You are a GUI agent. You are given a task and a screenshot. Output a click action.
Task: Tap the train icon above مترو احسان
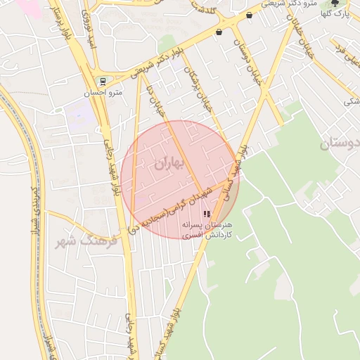click(103, 82)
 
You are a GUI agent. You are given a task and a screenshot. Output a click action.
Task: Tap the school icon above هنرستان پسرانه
click(207, 214)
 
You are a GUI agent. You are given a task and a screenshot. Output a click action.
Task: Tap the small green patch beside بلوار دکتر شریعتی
click(167, 43)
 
